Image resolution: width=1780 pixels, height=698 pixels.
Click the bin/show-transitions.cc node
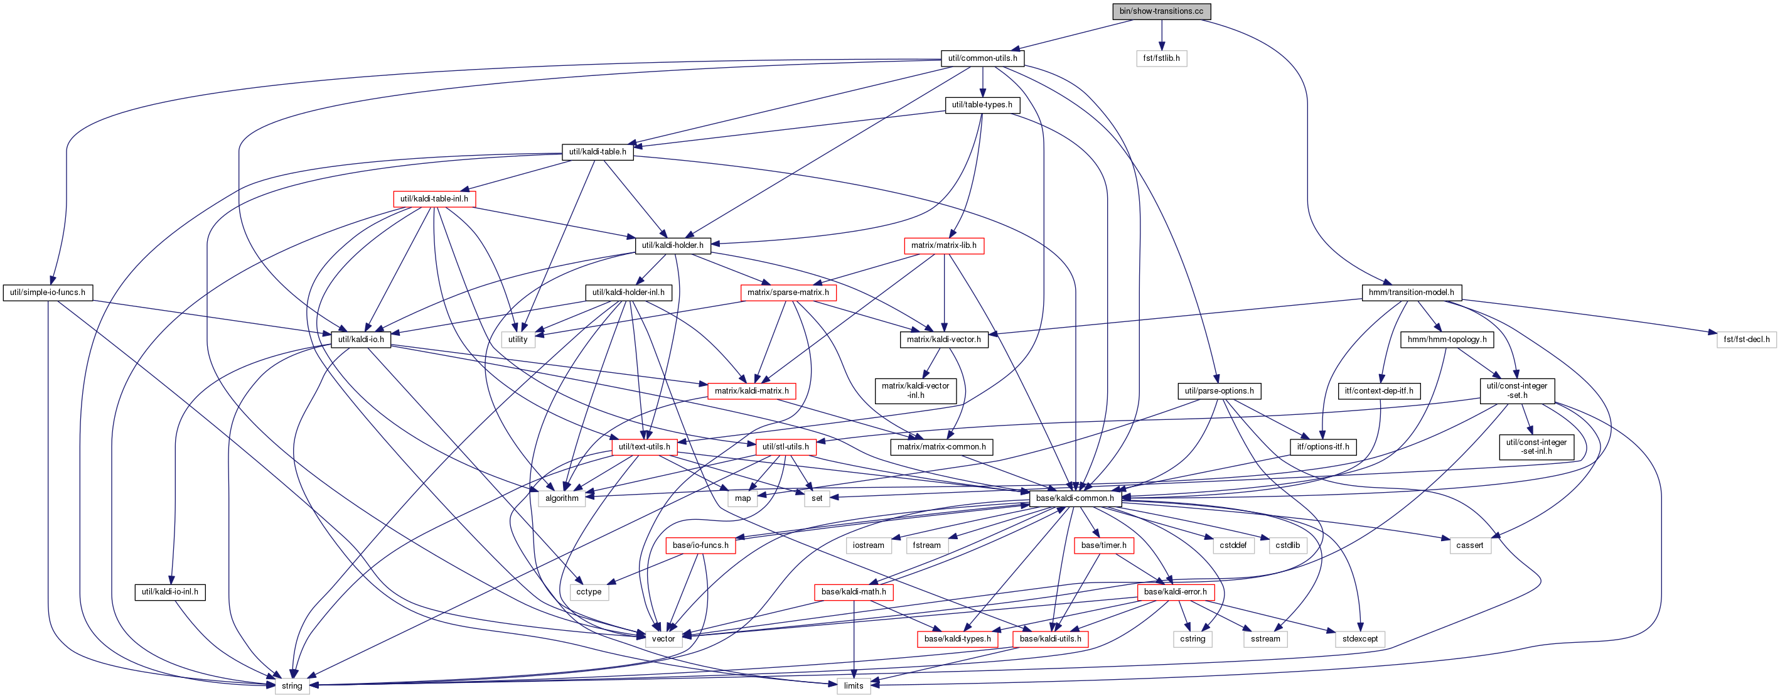click(x=1161, y=11)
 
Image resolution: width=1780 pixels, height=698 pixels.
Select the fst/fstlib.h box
click(x=1162, y=58)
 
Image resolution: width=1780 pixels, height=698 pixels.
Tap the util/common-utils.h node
click(x=983, y=58)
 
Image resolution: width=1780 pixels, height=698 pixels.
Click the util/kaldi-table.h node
click(x=598, y=152)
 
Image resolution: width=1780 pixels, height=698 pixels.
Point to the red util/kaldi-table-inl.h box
click(x=434, y=199)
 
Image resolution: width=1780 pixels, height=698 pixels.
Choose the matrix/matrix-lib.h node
click(x=944, y=245)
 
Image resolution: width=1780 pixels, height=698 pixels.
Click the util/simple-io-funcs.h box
click(x=48, y=293)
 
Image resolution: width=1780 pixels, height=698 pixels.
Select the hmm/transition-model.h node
click(x=1411, y=293)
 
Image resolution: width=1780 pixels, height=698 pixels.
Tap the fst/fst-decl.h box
click(x=1746, y=340)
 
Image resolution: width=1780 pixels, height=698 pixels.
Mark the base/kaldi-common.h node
click(x=1075, y=498)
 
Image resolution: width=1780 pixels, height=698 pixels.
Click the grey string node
click(x=292, y=685)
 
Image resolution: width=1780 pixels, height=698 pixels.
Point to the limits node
click(x=854, y=685)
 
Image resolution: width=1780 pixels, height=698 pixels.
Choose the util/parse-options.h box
click(x=1219, y=391)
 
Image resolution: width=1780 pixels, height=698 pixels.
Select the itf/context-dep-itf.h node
click(x=1379, y=391)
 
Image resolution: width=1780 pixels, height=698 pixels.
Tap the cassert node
click(x=1470, y=545)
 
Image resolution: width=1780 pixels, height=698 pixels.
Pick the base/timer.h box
click(x=1103, y=545)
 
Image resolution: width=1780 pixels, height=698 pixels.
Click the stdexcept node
click(x=1360, y=638)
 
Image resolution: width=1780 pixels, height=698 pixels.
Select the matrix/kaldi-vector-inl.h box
click(x=916, y=390)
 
